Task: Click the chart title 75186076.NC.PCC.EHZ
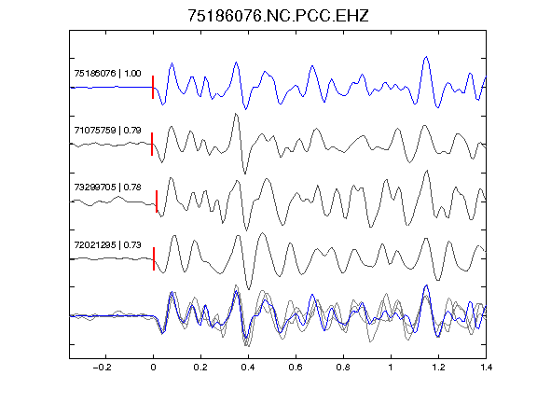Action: tap(278, 16)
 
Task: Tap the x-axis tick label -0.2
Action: tap(102, 368)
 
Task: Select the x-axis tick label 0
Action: tap(153, 368)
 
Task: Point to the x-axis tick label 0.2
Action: tap(200, 368)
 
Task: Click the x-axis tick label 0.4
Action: tap(248, 368)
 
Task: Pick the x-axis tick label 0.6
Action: tap(296, 368)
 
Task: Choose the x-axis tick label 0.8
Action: tap(343, 368)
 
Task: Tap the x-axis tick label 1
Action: tap(391, 368)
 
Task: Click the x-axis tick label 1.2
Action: tap(438, 368)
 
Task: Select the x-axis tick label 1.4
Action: tap(486, 368)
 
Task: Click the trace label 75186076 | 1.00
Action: tap(107, 74)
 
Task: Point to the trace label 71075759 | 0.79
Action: tap(107, 131)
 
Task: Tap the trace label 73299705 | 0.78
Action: tap(107, 188)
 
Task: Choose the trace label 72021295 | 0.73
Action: tap(107, 244)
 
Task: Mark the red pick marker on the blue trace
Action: tap(153, 88)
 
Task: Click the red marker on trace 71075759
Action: tap(152, 144)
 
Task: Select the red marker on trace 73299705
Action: tap(157, 201)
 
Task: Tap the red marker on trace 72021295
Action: tap(154, 258)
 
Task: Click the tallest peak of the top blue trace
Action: tap(426, 57)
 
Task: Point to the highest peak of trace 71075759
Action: tap(236, 114)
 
